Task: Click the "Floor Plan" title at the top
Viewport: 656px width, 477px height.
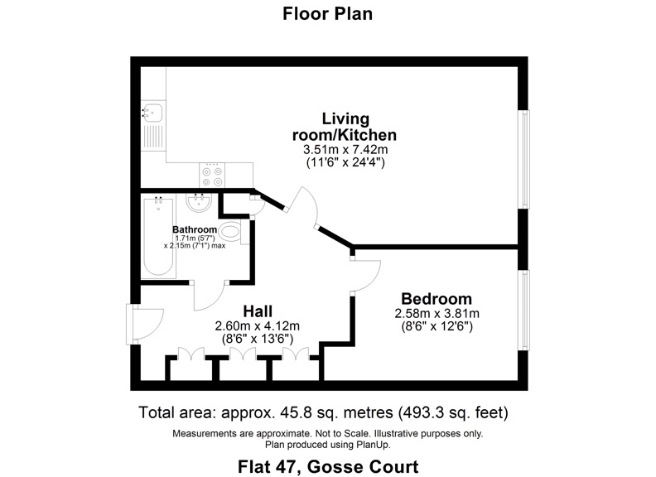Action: [x=327, y=13]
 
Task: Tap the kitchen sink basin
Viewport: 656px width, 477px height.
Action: [x=153, y=113]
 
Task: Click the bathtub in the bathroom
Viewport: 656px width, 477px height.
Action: [x=158, y=237]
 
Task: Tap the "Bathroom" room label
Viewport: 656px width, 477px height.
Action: [x=195, y=229]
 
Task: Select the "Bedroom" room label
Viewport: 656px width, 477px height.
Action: [x=437, y=299]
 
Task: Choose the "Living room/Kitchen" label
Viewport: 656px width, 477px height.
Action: [x=345, y=127]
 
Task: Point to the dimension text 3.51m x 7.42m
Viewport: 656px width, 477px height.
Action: [x=345, y=150]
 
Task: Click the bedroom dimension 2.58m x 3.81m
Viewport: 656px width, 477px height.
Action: [x=437, y=314]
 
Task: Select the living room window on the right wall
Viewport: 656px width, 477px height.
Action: [x=523, y=157]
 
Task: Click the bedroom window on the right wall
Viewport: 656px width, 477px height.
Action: [x=523, y=309]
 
